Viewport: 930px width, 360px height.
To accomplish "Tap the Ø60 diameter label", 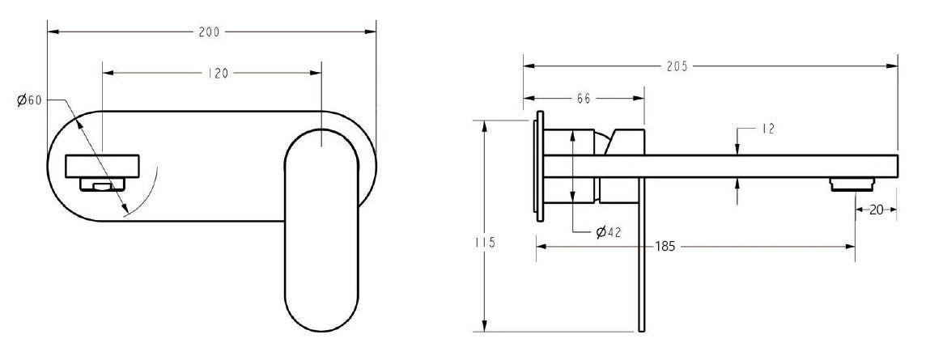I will tap(29, 100).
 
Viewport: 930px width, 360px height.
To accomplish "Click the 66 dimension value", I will tap(583, 98).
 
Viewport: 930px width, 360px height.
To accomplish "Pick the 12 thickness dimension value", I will tap(768, 129).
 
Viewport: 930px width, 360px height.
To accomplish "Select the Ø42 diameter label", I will tap(608, 232).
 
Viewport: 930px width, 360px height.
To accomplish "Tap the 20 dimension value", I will tap(876, 210).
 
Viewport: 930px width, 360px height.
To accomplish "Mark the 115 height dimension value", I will tap(485, 243).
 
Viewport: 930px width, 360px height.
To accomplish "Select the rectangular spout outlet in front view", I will tap(104, 167).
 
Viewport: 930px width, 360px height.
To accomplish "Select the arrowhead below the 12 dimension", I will tap(737, 184).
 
